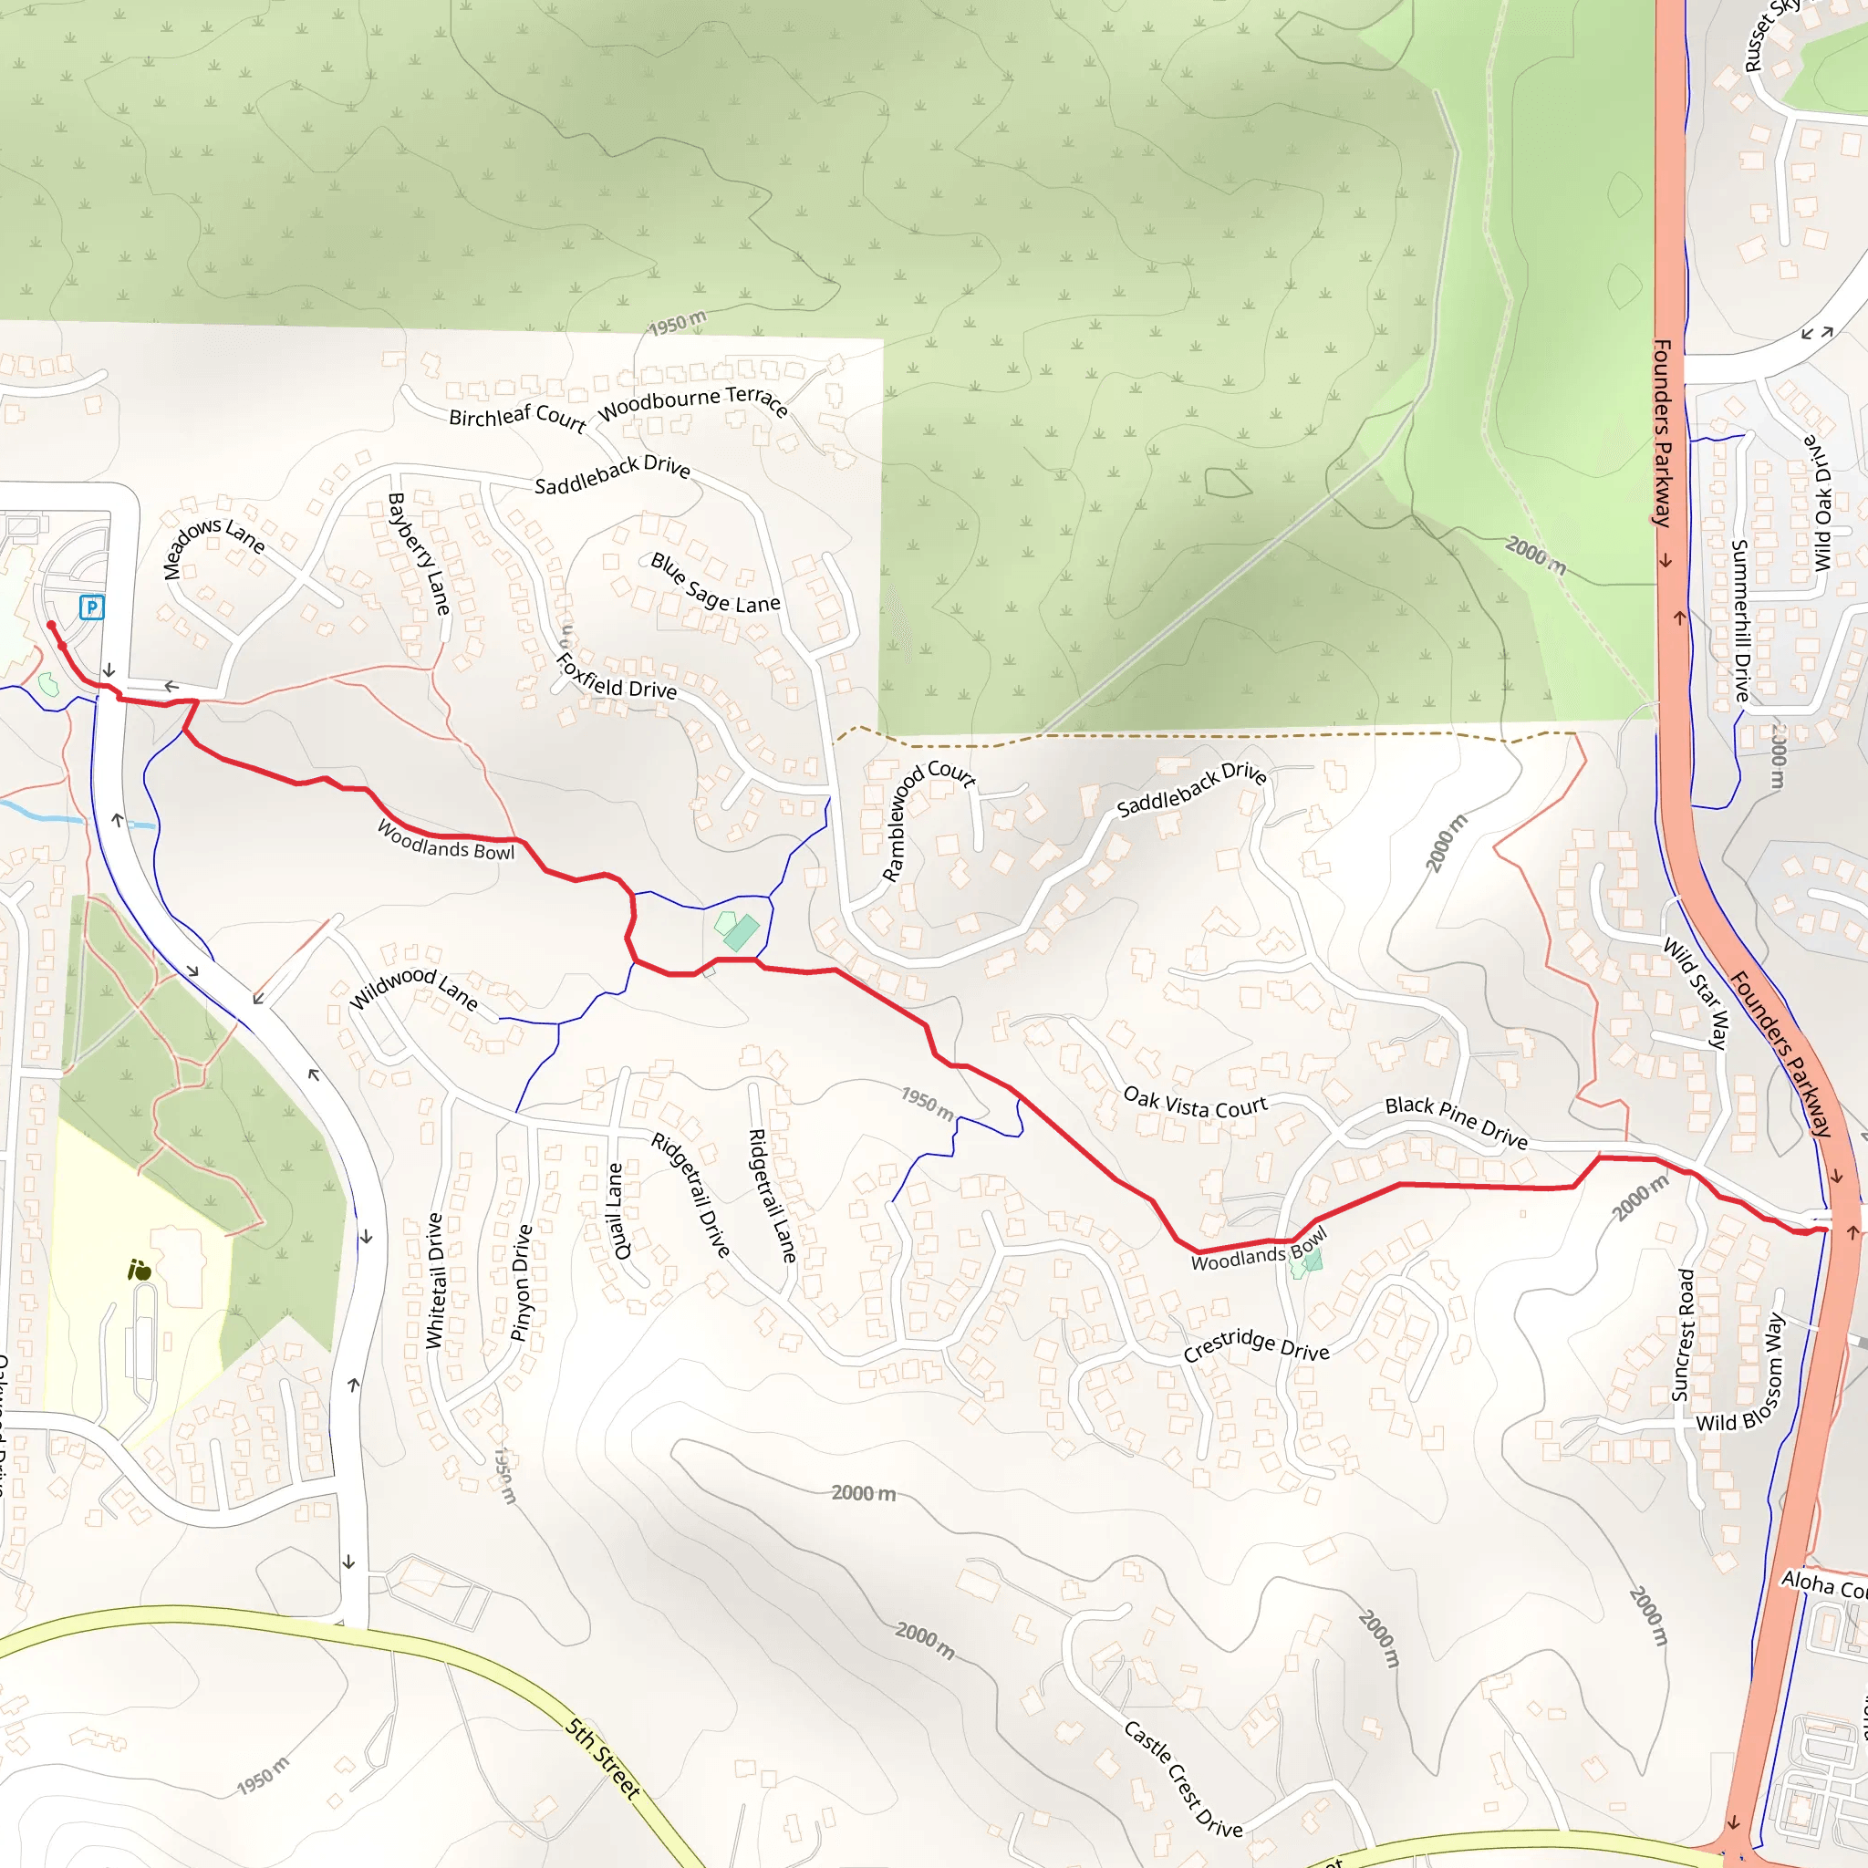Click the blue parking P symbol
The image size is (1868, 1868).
coord(91,607)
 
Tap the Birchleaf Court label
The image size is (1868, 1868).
coord(517,417)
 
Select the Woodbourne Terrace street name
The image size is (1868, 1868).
coord(692,401)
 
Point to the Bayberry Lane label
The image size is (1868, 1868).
coord(419,553)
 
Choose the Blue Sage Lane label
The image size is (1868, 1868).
coord(714,585)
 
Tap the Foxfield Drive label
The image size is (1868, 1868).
coord(616,677)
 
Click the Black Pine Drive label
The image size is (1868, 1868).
coord(1456,1122)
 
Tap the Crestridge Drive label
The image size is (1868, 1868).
coord(1256,1345)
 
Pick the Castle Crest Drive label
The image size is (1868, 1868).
coord(1183,1779)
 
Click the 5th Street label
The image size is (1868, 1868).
coord(603,1758)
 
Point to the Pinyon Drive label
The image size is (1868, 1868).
coord(521,1282)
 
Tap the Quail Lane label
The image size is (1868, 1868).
coord(617,1209)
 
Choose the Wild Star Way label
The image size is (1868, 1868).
coord(1695,992)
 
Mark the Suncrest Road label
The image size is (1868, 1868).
coord(1684,1334)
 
